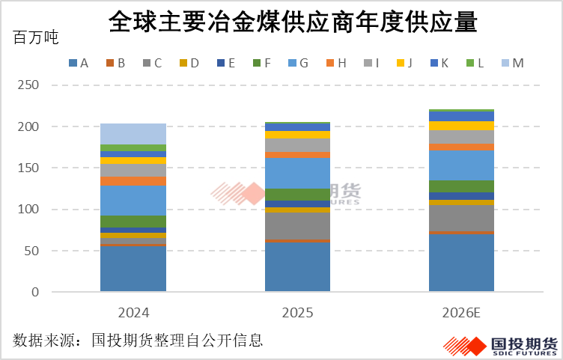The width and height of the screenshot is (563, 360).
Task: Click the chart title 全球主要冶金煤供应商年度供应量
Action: click(x=293, y=22)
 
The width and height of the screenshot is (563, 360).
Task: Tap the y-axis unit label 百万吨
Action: click(x=36, y=38)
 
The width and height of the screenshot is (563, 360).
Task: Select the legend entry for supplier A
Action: click(x=79, y=64)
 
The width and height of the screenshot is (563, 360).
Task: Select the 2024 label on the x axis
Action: click(x=133, y=313)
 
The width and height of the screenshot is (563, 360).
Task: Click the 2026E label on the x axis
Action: click(x=461, y=313)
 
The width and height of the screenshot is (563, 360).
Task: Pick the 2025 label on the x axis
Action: click(x=297, y=313)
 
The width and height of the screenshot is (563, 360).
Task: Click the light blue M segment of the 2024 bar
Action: click(x=133, y=134)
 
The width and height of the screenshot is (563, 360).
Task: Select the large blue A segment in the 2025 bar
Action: click(x=297, y=266)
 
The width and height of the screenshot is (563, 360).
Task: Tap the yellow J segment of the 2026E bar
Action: click(x=461, y=126)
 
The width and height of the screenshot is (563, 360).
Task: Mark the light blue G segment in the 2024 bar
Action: click(x=133, y=201)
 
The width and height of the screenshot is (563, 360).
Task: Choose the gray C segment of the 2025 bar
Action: click(x=297, y=225)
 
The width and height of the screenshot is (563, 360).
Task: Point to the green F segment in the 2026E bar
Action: click(x=461, y=186)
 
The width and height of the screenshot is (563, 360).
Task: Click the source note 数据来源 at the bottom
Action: click(x=138, y=341)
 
